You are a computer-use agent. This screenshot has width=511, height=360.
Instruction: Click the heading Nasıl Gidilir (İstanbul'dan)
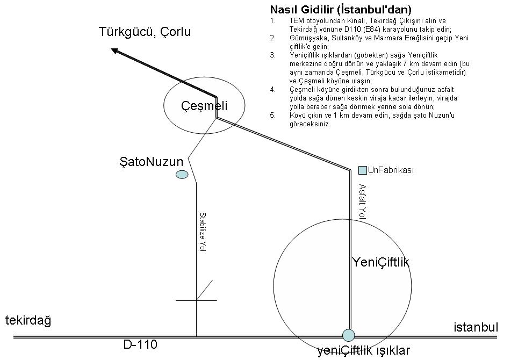[341, 10]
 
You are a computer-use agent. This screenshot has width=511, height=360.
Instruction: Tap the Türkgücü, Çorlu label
[145, 32]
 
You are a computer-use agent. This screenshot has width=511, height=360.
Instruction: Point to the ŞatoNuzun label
[152, 162]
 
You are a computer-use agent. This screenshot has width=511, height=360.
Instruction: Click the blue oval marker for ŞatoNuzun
[182, 174]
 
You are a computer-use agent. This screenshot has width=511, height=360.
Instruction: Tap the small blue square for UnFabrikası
[363, 170]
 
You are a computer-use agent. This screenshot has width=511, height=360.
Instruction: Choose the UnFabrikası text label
[391, 171]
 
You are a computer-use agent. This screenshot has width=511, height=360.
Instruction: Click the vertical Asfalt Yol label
[362, 201]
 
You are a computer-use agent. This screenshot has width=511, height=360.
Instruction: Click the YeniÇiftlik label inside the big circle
[381, 262]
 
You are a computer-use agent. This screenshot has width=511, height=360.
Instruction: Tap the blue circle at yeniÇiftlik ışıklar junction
[349, 335]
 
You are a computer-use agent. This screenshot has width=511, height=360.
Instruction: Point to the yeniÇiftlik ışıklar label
[363, 351]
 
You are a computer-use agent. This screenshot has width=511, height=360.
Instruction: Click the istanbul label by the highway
[476, 327]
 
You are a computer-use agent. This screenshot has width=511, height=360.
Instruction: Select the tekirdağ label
[28, 321]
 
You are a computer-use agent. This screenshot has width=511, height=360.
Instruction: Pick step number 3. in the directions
[273, 55]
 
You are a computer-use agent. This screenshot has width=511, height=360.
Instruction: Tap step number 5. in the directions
[273, 114]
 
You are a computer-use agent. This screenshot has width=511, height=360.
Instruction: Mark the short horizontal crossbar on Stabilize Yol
[196, 300]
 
